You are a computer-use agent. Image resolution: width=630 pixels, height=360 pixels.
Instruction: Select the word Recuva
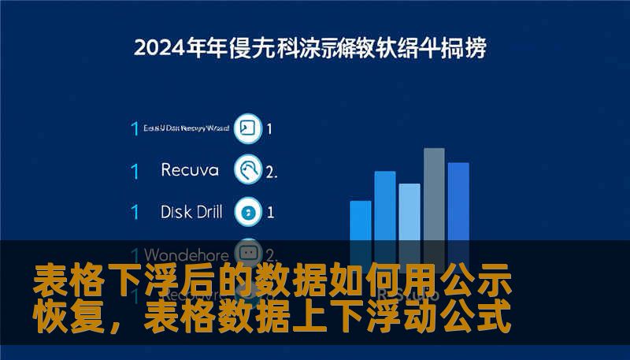pyautogui.click(x=190, y=169)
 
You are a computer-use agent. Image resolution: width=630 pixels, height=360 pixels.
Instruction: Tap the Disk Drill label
pyautogui.click(x=191, y=211)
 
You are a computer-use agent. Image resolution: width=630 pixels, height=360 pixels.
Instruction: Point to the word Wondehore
pyautogui.click(x=187, y=254)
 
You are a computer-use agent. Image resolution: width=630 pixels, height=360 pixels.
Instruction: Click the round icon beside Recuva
pyautogui.click(x=249, y=169)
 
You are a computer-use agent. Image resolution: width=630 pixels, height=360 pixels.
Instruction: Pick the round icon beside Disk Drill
pyautogui.click(x=249, y=211)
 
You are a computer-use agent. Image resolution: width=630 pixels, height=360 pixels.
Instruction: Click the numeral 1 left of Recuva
pyautogui.click(x=135, y=170)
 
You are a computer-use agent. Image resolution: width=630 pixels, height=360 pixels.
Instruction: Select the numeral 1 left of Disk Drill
pyautogui.click(x=135, y=212)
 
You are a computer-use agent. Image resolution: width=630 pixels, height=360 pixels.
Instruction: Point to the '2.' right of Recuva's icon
pyautogui.click(x=272, y=170)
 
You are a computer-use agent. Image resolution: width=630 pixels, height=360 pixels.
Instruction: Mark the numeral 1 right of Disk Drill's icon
pyautogui.click(x=271, y=212)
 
